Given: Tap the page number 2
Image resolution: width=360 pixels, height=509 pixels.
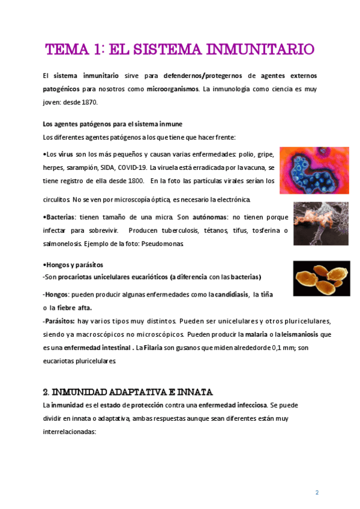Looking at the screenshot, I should [317, 492].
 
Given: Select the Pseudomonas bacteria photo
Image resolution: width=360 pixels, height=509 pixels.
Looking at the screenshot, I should [320, 223].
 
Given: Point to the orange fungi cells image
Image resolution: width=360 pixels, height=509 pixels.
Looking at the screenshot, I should [321, 279].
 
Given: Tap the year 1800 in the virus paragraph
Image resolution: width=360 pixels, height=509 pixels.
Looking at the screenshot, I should [135, 180].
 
